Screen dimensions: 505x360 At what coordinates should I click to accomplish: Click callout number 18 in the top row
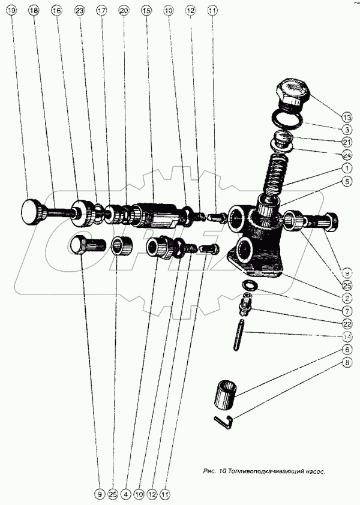click(x=33, y=11)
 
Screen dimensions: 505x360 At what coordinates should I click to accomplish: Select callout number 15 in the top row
click(x=145, y=11)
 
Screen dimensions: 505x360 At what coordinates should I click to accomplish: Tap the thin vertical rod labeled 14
click(x=239, y=339)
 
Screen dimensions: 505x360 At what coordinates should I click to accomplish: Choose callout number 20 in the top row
click(x=124, y=11)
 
